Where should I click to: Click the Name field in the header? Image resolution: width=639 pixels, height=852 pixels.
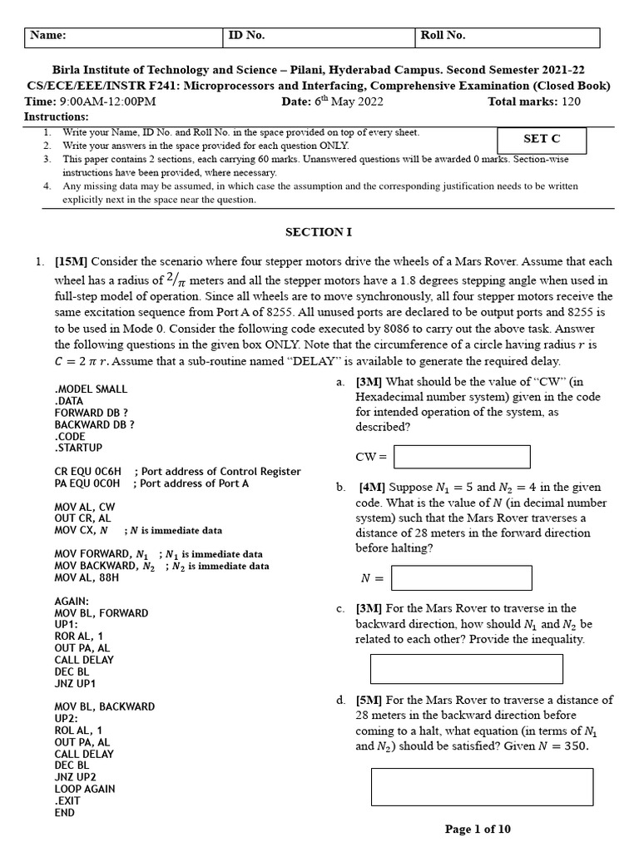coord(125,37)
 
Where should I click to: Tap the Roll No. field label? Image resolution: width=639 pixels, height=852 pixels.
coord(443,36)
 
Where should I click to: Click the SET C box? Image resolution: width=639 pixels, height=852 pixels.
coord(541,141)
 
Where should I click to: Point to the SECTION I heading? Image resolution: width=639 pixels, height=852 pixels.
coord(319,232)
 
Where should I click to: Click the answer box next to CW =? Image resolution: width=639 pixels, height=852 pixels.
coord(462,457)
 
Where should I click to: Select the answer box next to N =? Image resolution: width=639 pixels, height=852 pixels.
coord(461,577)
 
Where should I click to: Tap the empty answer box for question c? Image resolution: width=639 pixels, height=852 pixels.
coord(466,669)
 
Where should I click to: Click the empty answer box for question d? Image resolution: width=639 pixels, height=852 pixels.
coord(482,786)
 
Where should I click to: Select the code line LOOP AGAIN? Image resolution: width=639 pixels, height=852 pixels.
coord(85,789)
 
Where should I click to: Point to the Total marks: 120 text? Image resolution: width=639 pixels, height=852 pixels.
coord(534,102)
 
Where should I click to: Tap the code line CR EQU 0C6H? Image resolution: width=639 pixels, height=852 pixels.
coord(88,471)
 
